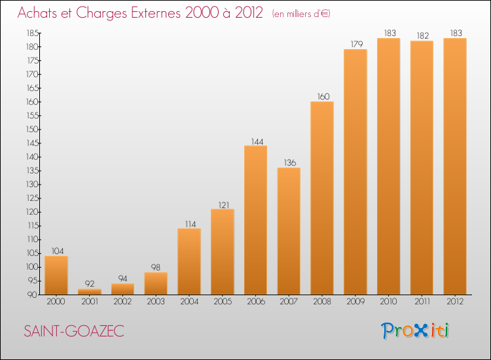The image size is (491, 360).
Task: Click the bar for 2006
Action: pyautogui.click(x=255, y=220)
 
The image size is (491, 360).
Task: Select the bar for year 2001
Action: pyautogui.click(x=90, y=291)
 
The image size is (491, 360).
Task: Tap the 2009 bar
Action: pyautogui.click(x=355, y=172)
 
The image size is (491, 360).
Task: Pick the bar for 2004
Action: pyautogui.click(x=189, y=261)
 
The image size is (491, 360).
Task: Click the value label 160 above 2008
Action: pyautogui.click(x=323, y=96)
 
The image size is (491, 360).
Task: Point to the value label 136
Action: pyautogui.click(x=290, y=162)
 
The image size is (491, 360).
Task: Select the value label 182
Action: pyautogui.click(x=423, y=36)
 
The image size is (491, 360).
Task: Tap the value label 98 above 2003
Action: pyautogui.click(x=156, y=267)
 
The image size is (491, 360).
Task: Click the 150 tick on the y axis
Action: pyautogui.click(x=33, y=130)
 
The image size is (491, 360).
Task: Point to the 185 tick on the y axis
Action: pyautogui.click(x=33, y=33)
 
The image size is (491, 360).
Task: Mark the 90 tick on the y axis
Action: pyautogui.click(x=33, y=295)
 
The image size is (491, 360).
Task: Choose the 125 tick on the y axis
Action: pyautogui.click(x=33, y=198)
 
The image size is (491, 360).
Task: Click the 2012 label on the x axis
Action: pyautogui.click(x=455, y=301)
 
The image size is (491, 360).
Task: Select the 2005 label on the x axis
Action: pyautogui.click(x=223, y=301)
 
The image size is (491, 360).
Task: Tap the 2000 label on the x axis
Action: pyautogui.click(x=56, y=301)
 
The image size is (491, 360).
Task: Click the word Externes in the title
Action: pyautogui.click(x=156, y=13)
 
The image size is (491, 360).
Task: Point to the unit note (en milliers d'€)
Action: pyautogui.click(x=301, y=14)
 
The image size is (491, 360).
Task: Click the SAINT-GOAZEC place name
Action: pyautogui.click(x=74, y=331)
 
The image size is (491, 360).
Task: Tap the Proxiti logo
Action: pyautogui.click(x=415, y=331)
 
